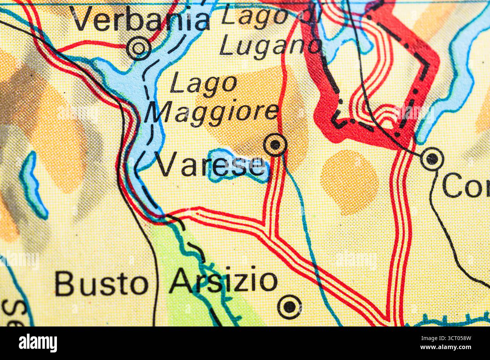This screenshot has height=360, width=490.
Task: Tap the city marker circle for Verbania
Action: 139,48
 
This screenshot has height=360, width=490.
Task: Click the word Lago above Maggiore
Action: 204,84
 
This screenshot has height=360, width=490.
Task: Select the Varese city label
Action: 210,166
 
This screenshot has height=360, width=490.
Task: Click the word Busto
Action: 101,283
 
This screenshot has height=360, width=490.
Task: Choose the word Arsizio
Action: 223,282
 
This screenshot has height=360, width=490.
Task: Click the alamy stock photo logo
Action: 38,343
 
